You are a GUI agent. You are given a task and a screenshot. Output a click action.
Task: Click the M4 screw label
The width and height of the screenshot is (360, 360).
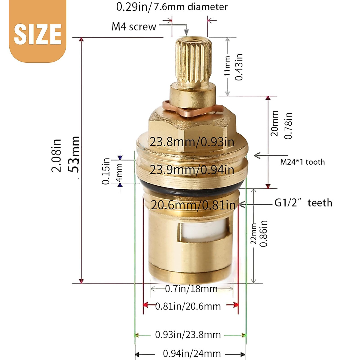coord(134,27)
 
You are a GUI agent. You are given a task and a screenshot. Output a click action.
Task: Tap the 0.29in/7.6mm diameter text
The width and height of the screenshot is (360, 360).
coord(172,7)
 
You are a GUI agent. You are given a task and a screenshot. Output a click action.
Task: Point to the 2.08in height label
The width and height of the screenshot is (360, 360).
coord(56,155)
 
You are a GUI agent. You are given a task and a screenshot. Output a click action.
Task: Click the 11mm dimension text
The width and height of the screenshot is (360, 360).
coord(227,66)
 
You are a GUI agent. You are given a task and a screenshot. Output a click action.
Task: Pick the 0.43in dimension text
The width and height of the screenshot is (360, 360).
coord(239,67)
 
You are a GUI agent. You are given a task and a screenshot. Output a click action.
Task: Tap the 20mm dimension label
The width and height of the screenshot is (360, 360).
coord(274,123)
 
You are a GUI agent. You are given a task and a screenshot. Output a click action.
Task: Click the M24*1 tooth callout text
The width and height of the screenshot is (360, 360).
coord(302,162)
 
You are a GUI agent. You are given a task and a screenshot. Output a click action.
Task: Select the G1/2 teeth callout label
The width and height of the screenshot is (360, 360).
coord(303,203)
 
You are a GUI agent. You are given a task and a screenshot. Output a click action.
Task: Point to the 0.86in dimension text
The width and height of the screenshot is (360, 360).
coord(263,233)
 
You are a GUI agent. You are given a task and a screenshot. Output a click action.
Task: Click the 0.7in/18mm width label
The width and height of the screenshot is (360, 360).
coord(191,289)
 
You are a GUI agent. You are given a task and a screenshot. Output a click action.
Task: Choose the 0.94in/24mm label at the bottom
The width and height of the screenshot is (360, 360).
coord(192,353)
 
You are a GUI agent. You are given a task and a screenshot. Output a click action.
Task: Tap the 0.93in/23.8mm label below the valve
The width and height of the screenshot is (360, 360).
coord(188,334)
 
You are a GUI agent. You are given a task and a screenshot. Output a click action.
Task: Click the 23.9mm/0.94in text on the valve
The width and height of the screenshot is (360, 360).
coord(192,170)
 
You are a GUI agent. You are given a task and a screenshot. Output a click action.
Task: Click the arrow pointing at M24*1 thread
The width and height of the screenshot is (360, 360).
coord(257,155)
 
